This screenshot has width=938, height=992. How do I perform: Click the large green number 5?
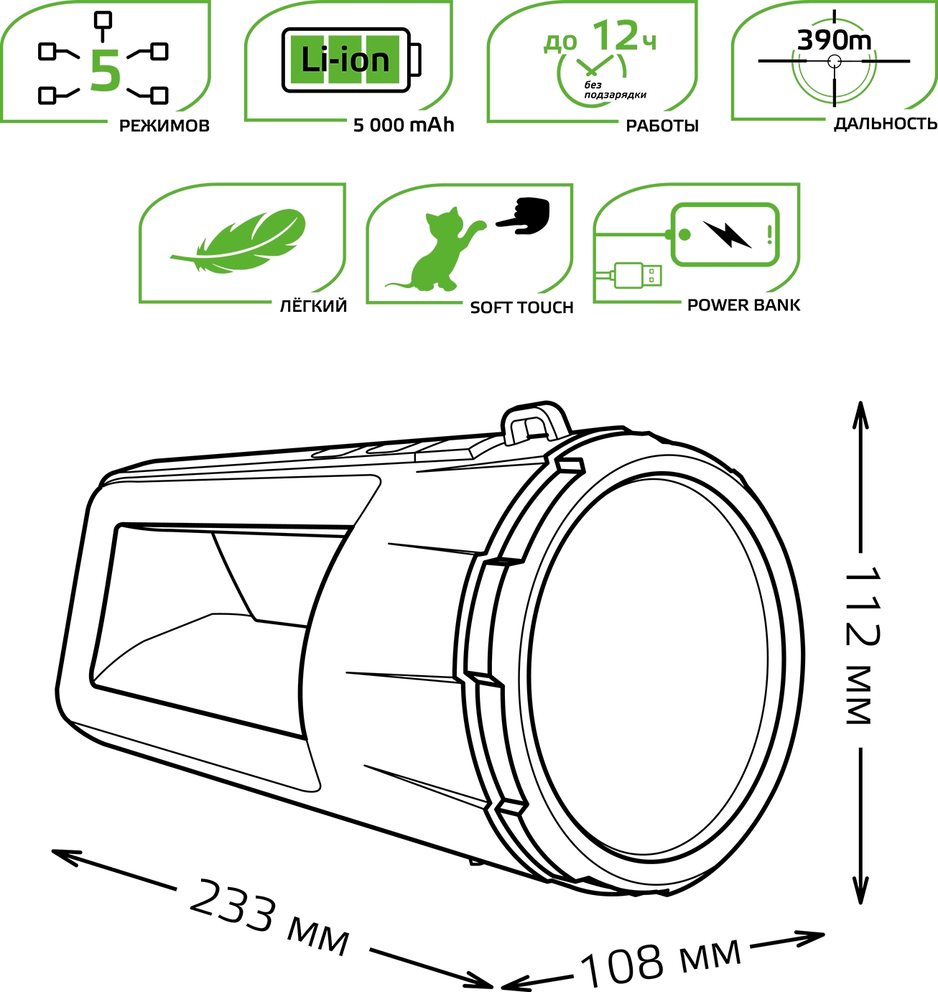coord(106,70)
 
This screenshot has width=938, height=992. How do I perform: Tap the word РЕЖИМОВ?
coord(164,126)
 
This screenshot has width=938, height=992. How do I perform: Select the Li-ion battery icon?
coord(351,60)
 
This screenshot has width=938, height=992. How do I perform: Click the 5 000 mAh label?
coord(404,125)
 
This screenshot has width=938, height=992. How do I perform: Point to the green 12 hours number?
coord(615,36)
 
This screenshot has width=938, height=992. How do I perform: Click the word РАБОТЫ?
coord(662,126)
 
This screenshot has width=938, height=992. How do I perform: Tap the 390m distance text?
coord(834,40)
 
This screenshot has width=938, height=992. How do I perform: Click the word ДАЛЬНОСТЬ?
coord(886,124)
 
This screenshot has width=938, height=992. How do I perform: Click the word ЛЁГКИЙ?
coord(313,306)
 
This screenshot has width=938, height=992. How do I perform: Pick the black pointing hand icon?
coord(523,215)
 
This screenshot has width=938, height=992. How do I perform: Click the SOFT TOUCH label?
coord(521,307)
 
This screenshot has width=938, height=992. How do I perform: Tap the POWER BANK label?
coord(744,305)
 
